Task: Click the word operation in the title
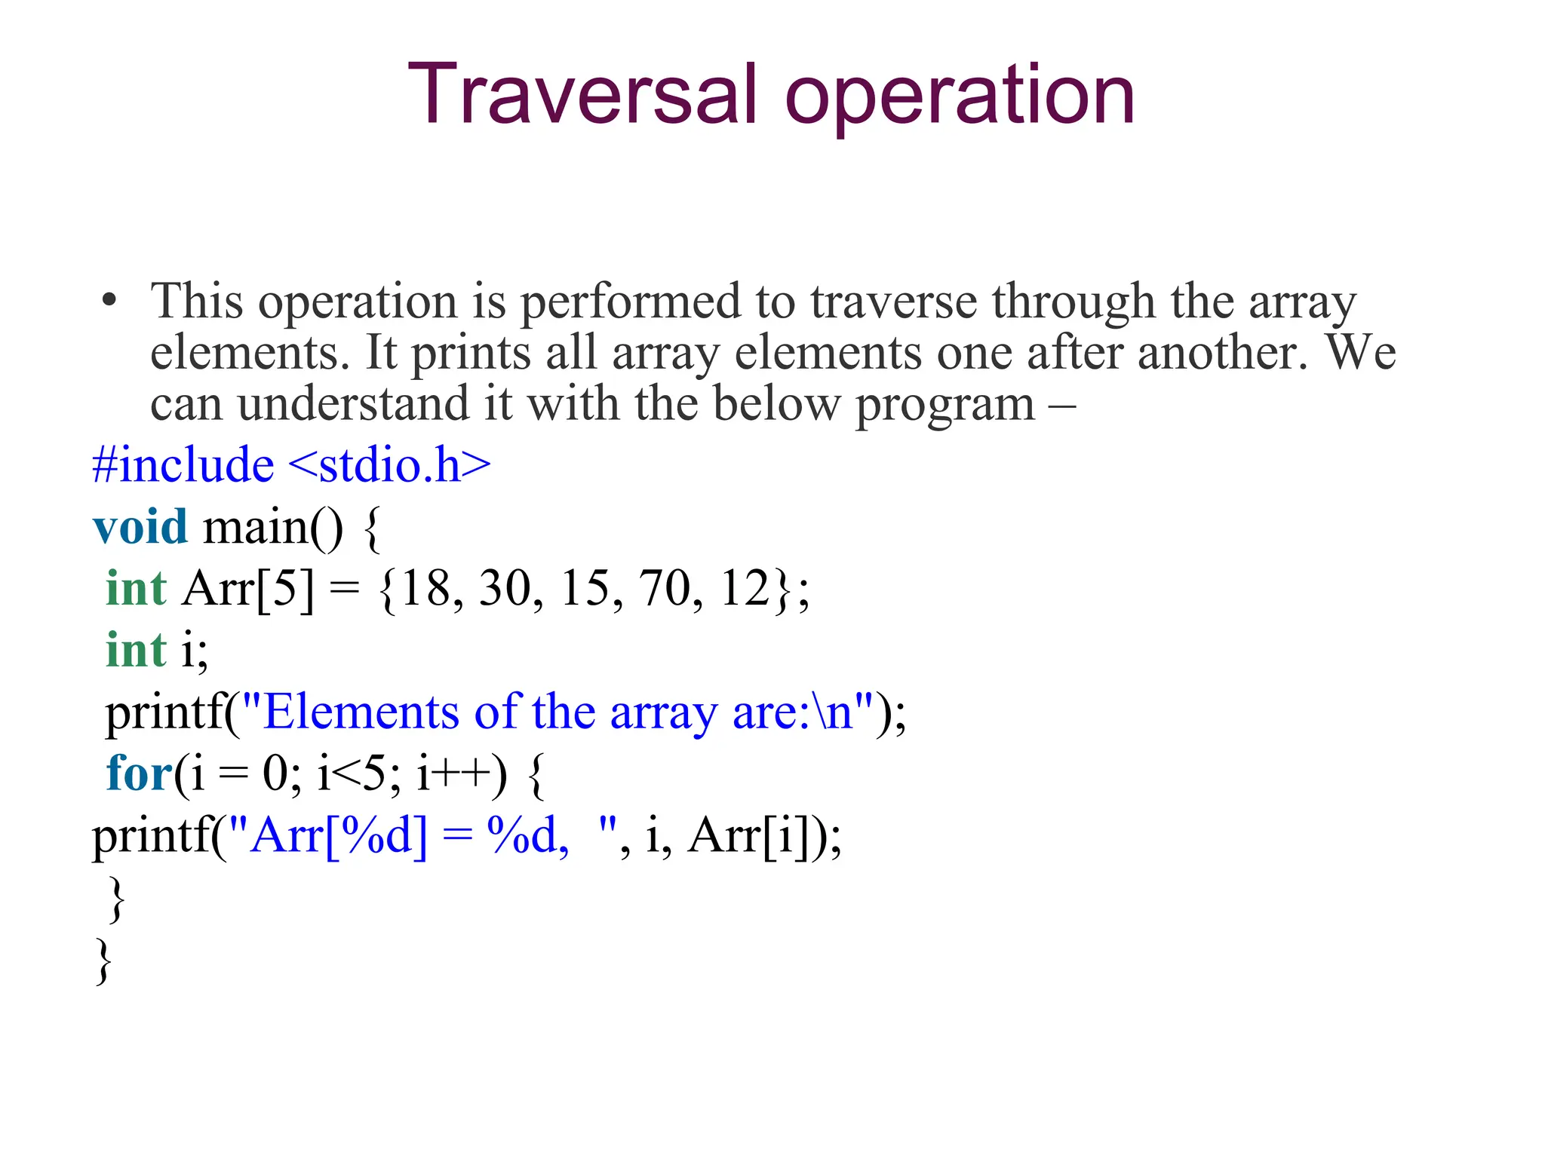click(960, 98)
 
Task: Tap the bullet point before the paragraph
click(110, 300)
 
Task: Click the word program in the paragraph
click(945, 405)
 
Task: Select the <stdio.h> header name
click(389, 464)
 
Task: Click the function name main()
click(272, 528)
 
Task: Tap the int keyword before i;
click(136, 650)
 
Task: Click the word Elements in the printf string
click(361, 712)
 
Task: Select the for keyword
click(140, 774)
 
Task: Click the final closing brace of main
click(103, 960)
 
